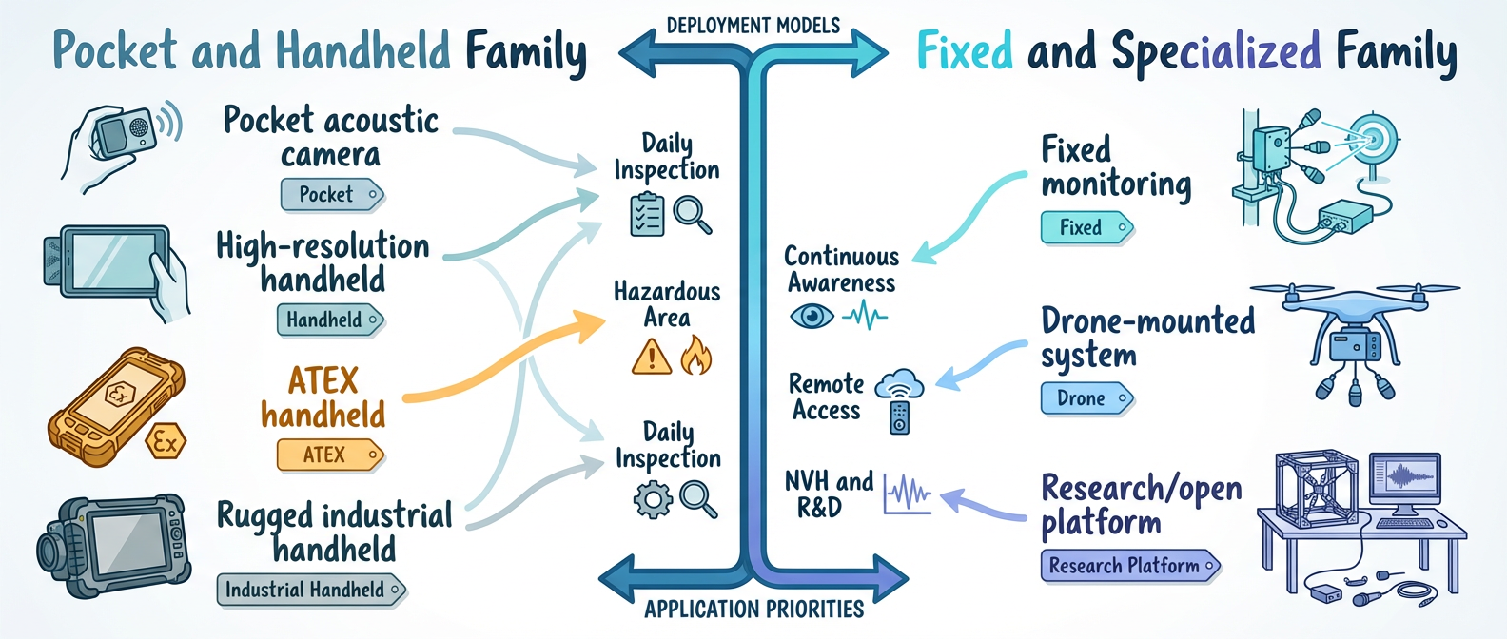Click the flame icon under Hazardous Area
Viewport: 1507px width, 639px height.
pyautogui.click(x=695, y=356)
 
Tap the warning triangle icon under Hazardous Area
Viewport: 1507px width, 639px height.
pyautogui.click(x=652, y=358)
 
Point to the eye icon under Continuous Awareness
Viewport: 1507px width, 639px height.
pyautogui.click(x=812, y=316)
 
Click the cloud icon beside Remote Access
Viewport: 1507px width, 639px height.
pyautogui.click(x=899, y=385)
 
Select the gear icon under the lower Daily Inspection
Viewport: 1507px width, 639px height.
pyautogui.click(x=653, y=499)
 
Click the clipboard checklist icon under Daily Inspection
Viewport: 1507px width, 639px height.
pyautogui.click(x=647, y=214)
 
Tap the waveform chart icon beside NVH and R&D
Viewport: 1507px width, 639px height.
pyautogui.click(x=907, y=493)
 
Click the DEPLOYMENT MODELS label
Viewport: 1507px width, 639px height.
pyautogui.click(x=753, y=26)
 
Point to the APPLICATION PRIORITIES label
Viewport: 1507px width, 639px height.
pyautogui.click(x=753, y=610)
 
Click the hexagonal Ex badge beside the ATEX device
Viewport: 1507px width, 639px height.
pyautogui.click(x=166, y=442)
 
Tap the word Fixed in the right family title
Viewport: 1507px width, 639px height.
pyautogui.click(x=965, y=51)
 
